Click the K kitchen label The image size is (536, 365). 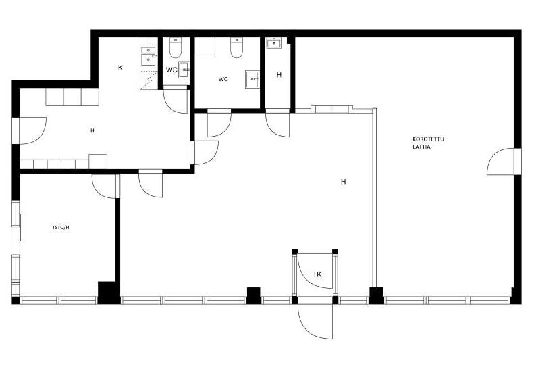click(x=120, y=68)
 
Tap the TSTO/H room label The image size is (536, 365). click(x=61, y=227)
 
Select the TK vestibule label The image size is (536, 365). click(x=317, y=274)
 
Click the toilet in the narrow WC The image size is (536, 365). click(x=176, y=48)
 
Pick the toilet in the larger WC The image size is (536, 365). click(x=236, y=47)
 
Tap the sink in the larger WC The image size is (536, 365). click(x=252, y=80)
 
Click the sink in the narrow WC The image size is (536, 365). click(x=184, y=70)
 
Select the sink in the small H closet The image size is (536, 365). click(x=275, y=43)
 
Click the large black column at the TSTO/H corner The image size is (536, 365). click(x=109, y=293)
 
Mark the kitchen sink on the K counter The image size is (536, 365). click(x=149, y=55)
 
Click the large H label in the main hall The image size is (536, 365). click(x=343, y=182)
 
